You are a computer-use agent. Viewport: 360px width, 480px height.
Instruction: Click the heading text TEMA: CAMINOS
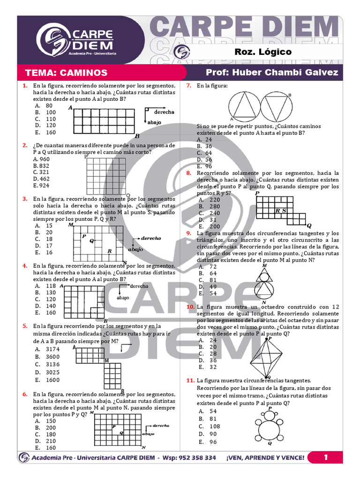(x=67, y=73)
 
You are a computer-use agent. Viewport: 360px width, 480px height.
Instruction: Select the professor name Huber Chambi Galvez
(x=285, y=72)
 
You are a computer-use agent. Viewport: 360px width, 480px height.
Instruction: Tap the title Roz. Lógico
(x=263, y=52)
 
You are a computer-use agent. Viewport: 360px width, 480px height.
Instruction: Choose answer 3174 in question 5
(x=52, y=349)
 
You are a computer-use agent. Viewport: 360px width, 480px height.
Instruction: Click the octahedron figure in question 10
(x=266, y=358)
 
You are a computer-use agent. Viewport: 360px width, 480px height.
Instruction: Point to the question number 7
(x=189, y=86)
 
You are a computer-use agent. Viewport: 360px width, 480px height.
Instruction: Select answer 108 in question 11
(x=215, y=427)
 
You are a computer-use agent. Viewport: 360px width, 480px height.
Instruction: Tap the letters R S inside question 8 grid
(x=281, y=210)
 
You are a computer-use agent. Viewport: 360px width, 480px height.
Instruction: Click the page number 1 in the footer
(x=326, y=457)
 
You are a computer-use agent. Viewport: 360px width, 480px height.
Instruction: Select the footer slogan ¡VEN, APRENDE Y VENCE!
(x=265, y=457)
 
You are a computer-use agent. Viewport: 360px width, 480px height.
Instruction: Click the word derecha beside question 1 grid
(x=164, y=112)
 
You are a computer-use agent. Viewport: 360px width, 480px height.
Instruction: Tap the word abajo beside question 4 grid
(x=123, y=298)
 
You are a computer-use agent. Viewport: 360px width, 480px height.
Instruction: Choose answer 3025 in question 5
(x=52, y=372)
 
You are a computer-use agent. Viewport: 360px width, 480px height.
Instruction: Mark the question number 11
(x=190, y=381)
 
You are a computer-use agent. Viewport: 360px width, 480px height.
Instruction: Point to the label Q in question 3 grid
(x=91, y=241)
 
